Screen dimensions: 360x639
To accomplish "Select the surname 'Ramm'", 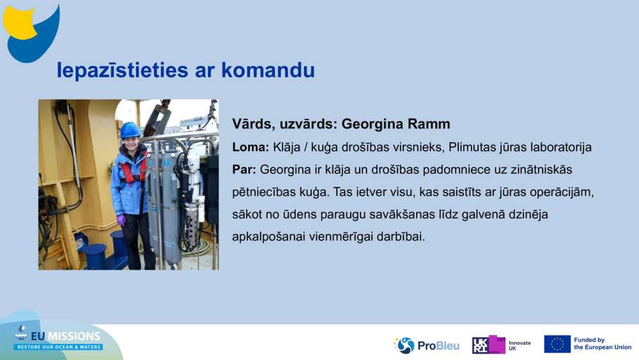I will click(429, 124).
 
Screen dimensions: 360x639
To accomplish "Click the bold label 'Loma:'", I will click(250, 148).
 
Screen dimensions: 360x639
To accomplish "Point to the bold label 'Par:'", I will click(244, 171).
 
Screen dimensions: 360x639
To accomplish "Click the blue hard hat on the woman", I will click(130, 130).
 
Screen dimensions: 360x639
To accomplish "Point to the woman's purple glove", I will click(121, 220).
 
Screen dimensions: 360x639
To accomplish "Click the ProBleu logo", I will click(427, 345).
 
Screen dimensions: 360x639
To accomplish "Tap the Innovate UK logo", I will click(501, 345).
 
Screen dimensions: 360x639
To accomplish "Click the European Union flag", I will click(557, 344).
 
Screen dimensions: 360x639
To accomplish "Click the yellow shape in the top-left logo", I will click(20, 22).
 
